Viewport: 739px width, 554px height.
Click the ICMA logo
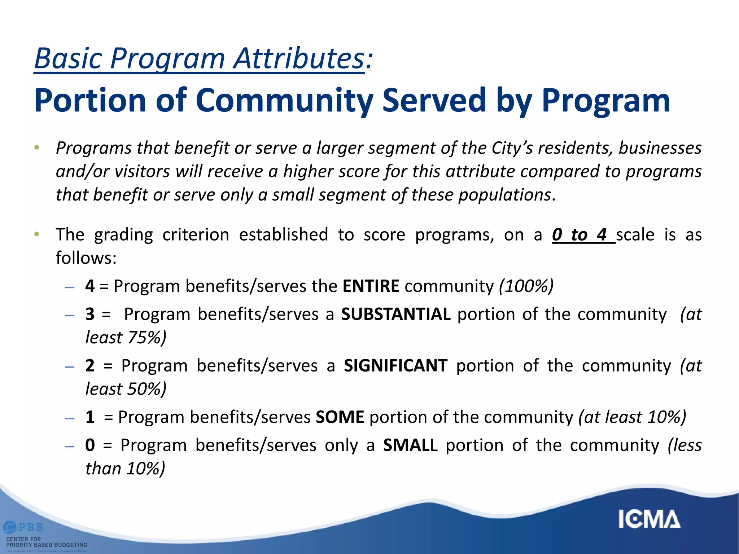[649, 519]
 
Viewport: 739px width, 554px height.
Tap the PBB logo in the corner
[24, 527]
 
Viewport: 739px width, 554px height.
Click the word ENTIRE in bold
[371, 286]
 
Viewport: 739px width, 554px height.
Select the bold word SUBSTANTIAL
[396, 314]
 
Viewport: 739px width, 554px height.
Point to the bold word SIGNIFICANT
[395, 366]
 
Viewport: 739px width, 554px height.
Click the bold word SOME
[340, 417]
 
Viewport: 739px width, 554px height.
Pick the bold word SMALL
[410, 445]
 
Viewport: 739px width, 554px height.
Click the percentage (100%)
[526, 286]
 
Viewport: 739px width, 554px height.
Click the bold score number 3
[90, 314]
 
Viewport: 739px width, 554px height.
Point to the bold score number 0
[90, 445]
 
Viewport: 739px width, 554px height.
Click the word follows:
[86, 258]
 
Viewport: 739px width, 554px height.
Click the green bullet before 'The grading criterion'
[36, 234]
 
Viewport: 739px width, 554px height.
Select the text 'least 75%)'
[126, 338]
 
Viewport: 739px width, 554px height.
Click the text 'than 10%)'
[125, 469]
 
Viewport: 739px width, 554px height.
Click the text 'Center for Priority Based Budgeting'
[47, 542]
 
